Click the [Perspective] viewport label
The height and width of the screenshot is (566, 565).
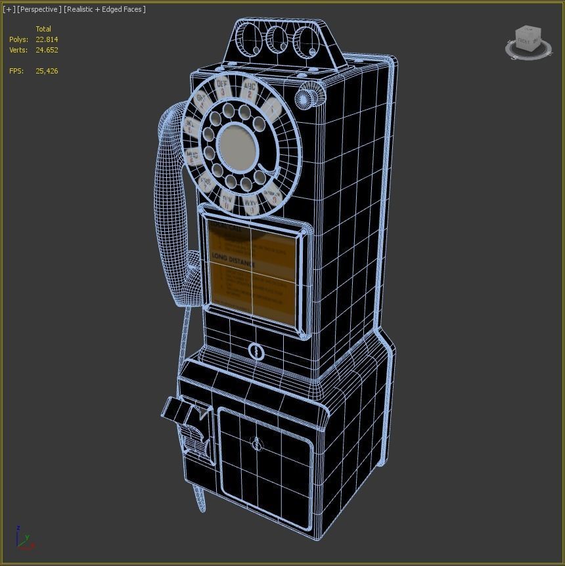[39, 9]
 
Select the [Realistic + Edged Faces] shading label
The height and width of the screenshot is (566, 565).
[104, 9]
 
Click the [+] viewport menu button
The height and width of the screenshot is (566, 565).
[9, 9]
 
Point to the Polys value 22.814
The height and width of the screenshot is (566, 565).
[47, 39]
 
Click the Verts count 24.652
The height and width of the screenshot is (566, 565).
[47, 50]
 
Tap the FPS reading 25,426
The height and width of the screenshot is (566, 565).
[47, 71]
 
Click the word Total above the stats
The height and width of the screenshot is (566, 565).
[43, 29]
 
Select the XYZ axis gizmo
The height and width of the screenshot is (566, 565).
[23, 538]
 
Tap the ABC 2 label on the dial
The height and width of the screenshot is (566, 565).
[250, 90]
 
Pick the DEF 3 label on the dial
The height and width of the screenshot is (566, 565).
[222, 86]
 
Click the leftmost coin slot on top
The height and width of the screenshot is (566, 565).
[250, 40]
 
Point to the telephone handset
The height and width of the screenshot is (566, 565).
[169, 210]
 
